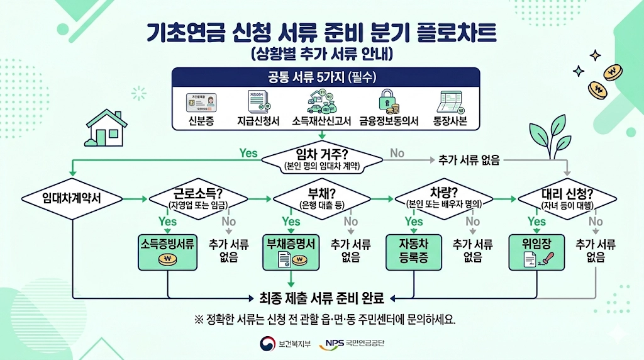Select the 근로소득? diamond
(x=197, y=199)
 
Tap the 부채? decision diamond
(x=322, y=199)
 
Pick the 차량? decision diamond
(x=445, y=199)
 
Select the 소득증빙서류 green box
(x=168, y=252)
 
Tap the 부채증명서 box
(x=291, y=252)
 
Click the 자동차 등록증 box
(x=413, y=252)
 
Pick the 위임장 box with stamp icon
(x=536, y=252)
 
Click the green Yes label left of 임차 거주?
(x=248, y=153)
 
